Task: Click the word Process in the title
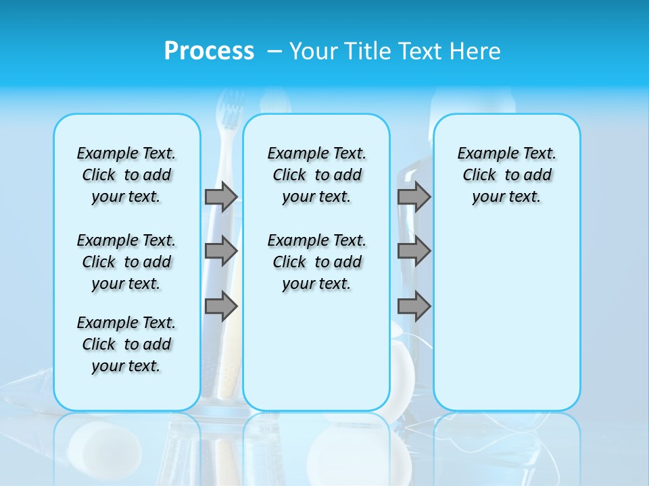click(209, 51)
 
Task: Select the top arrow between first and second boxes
click(221, 197)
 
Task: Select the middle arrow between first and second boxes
click(221, 252)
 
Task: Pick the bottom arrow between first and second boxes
click(221, 307)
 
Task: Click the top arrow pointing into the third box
click(414, 197)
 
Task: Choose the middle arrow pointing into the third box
click(414, 252)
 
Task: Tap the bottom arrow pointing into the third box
click(414, 307)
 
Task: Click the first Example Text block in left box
click(126, 175)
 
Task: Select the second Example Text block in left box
click(126, 262)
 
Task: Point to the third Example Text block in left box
click(126, 344)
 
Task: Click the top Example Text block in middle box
click(316, 175)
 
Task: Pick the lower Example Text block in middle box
click(316, 262)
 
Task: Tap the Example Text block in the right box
click(506, 175)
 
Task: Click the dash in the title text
click(274, 51)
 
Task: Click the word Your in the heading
click(314, 51)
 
